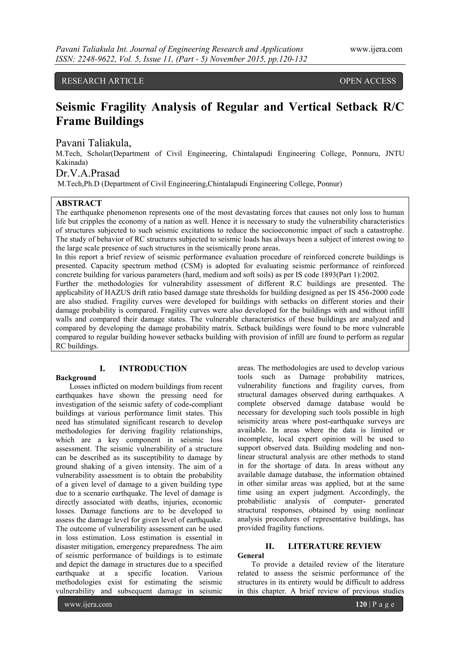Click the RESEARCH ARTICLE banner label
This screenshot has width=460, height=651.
103,81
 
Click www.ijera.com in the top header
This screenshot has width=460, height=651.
376,49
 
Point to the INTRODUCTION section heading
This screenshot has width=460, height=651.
153,369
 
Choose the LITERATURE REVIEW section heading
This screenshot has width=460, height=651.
334,546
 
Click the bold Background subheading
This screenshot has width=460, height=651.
76,378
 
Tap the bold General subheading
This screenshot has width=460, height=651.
250,555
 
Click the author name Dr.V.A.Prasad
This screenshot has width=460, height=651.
88,173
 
